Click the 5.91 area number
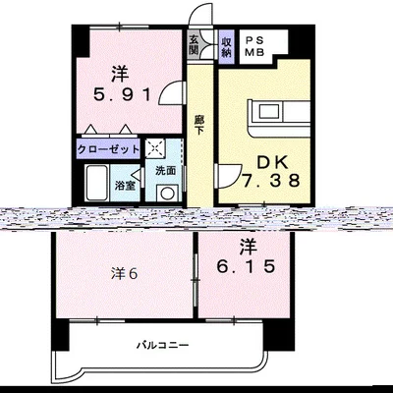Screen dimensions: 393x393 [x=119, y=96]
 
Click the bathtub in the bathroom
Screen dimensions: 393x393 [x=97, y=183]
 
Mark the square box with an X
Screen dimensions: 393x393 [x=155, y=149]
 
